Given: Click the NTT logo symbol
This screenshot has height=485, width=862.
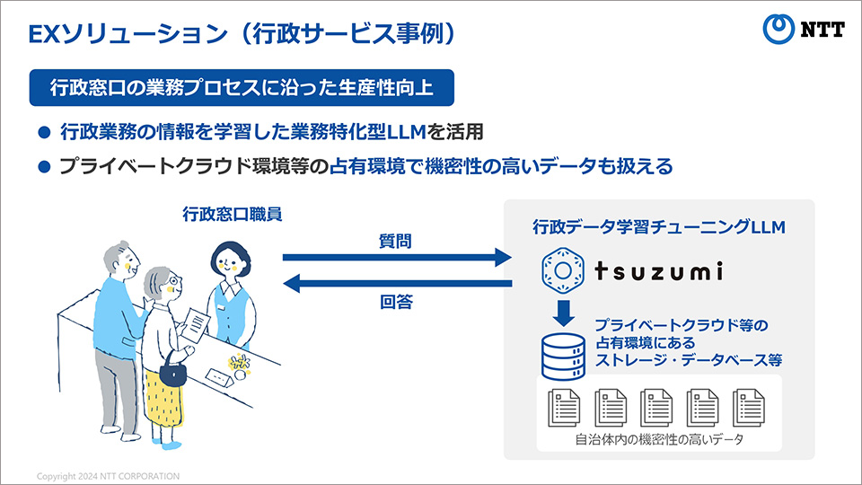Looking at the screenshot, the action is (x=778, y=29).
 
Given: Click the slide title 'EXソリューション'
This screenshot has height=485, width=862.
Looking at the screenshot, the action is (x=128, y=34).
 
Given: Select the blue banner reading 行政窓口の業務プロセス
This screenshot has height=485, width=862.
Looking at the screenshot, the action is (x=242, y=87).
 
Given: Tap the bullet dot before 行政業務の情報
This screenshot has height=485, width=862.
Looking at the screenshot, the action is (x=45, y=132).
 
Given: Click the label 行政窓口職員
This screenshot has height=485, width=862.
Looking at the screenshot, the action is (x=233, y=214).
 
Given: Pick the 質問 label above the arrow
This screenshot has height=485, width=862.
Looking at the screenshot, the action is (x=395, y=241).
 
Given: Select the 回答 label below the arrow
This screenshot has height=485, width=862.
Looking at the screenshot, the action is (x=396, y=302).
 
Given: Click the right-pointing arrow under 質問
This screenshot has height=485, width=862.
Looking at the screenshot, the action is (x=397, y=257).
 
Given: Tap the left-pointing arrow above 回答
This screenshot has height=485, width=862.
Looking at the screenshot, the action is (x=397, y=284).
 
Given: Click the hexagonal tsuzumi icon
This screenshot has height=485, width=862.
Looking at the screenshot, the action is (x=562, y=270).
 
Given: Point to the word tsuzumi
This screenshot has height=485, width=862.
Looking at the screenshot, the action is (x=658, y=271).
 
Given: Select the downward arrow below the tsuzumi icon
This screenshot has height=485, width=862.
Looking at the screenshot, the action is (x=563, y=313).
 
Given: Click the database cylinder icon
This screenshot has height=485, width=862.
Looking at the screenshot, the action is (x=563, y=357).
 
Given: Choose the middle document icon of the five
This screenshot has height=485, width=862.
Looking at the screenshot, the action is (x=656, y=408).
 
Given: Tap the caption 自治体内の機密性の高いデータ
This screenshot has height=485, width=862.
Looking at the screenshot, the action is (x=659, y=440).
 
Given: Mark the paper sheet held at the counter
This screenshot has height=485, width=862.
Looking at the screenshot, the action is (x=196, y=325).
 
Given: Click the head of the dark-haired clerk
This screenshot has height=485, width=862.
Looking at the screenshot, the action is (x=231, y=260).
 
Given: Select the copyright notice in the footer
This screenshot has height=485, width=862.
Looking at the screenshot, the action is (x=109, y=476).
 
